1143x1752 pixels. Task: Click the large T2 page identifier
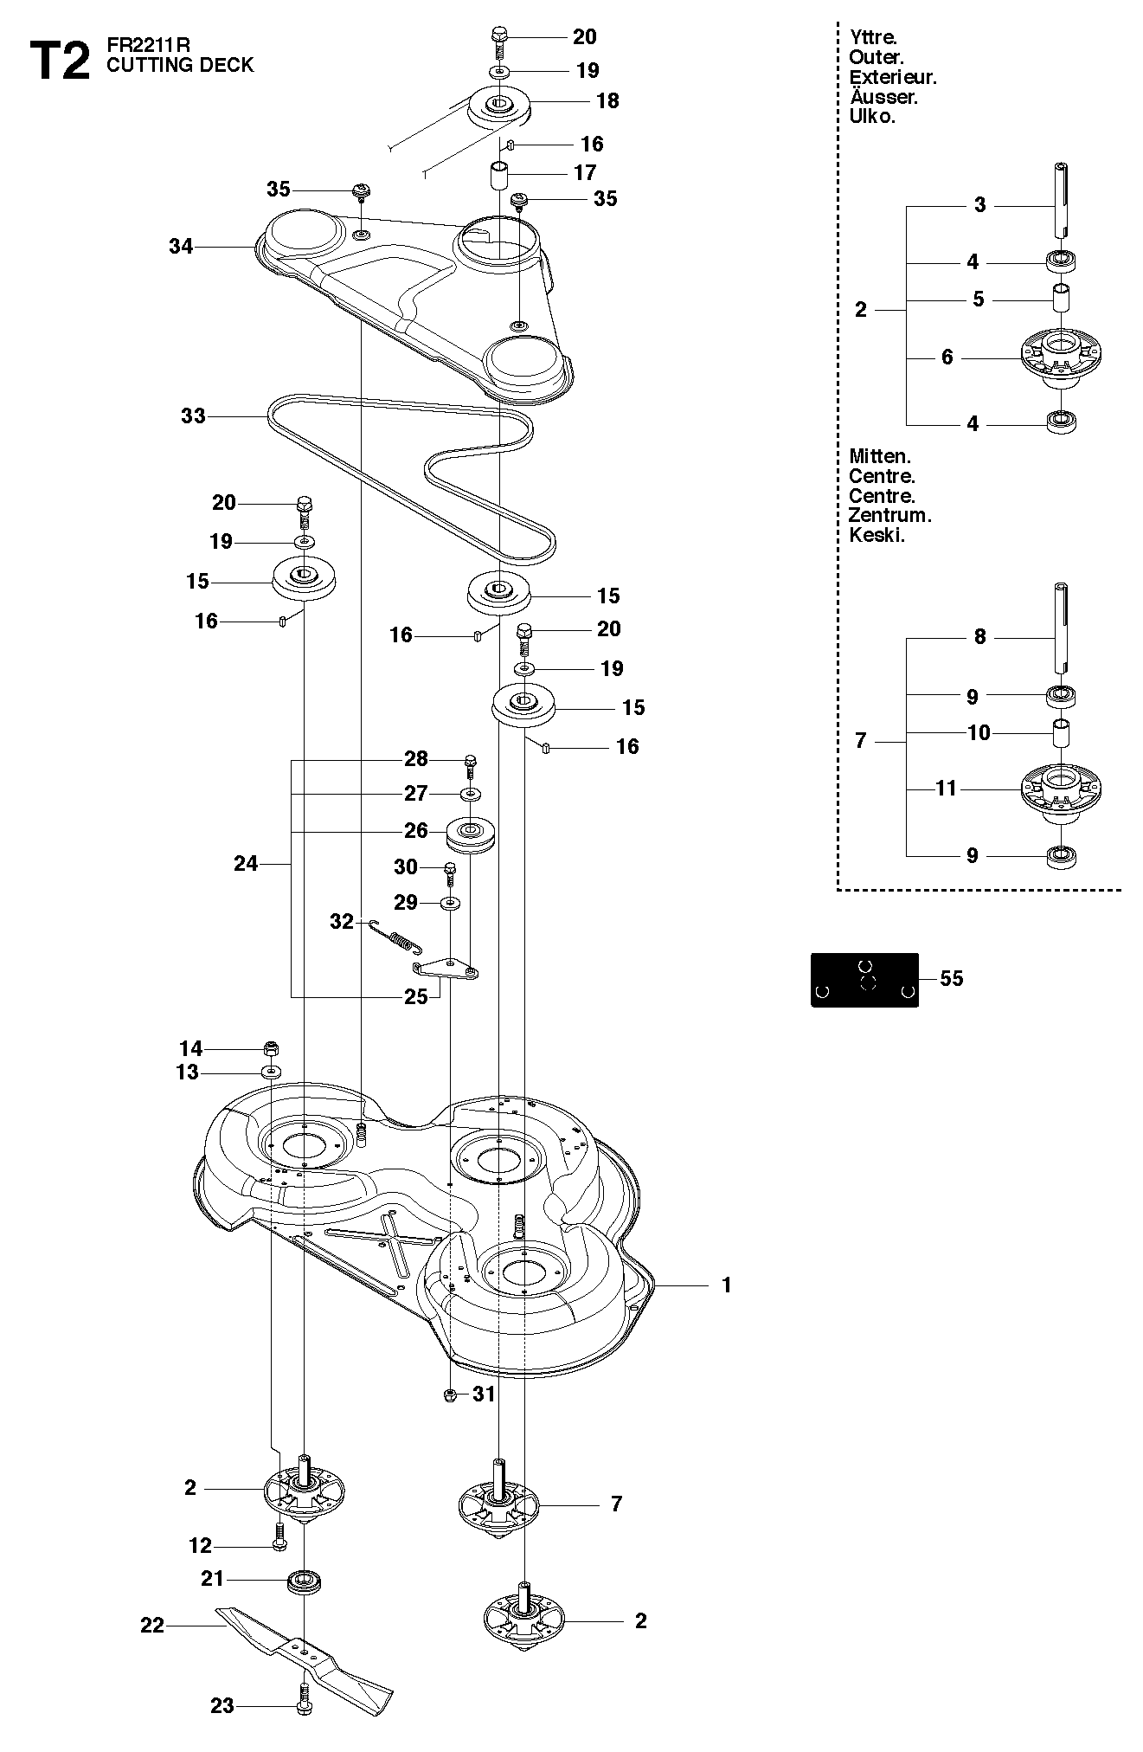pos(60,61)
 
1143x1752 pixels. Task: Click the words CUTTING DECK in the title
pos(180,66)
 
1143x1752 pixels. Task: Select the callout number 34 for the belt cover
pos(181,247)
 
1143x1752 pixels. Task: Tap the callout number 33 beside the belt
pos(193,416)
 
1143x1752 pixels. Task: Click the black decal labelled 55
pos(864,979)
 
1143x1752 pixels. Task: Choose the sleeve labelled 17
pos(500,175)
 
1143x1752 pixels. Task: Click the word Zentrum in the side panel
pos(889,516)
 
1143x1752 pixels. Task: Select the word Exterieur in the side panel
pos(893,78)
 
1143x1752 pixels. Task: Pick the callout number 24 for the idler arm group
pos(246,863)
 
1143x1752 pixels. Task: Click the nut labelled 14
pos(271,1049)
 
